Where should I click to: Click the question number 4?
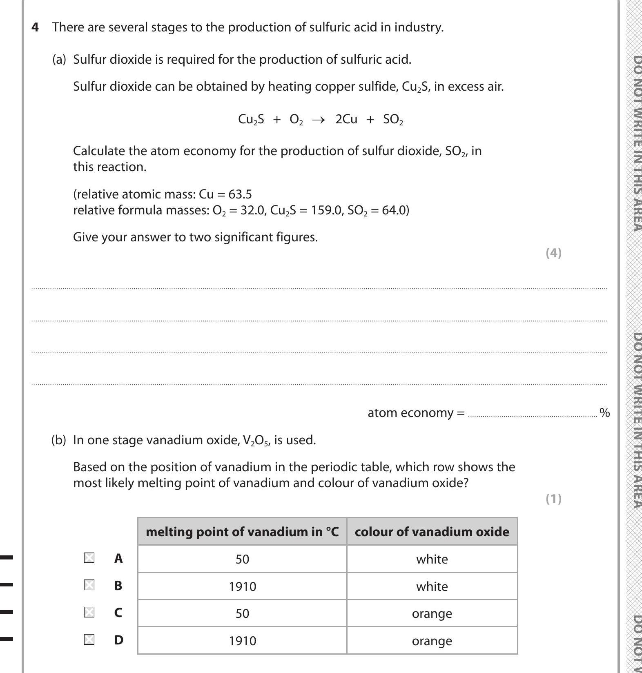pos(36,27)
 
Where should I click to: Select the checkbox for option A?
pos(89,558)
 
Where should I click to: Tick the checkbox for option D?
pos(89,640)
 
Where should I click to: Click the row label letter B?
pos(118,586)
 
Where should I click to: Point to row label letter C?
pos(118,613)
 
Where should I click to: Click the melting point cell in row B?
pos(242,586)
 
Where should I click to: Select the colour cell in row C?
pos(432,613)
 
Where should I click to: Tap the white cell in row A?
pos(432,559)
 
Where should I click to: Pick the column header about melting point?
pos(242,532)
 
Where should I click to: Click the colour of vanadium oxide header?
pos(432,532)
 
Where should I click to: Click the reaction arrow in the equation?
pos(318,120)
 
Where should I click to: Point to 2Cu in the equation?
pos(346,119)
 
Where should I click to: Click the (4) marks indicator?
pos(553,253)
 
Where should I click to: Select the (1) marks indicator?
pos(553,499)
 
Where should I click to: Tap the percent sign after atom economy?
pos(604,413)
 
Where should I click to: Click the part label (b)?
pos(58,440)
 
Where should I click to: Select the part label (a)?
pos(59,60)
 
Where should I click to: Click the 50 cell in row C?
pos(242,613)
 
